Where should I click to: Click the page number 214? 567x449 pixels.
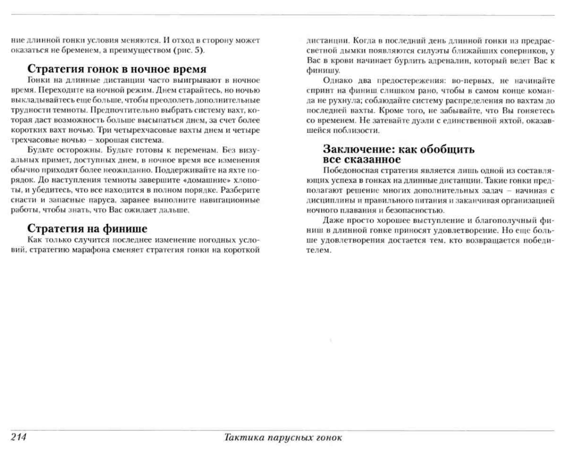coord(19,437)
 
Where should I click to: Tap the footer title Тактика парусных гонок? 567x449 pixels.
coord(283,437)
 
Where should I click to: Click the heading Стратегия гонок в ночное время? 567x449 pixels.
coord(117,69)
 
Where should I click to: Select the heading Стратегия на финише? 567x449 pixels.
coord(87,228)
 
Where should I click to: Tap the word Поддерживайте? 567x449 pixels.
coord(184,170)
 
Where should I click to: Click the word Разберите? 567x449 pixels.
coord(240,190)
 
